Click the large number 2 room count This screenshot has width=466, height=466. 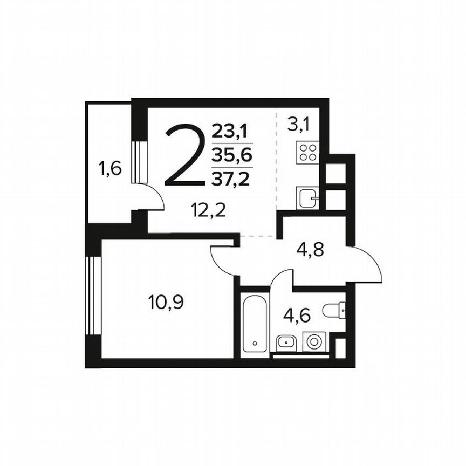(x=185, y=155)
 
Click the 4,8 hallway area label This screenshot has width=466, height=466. (x=311, y=251)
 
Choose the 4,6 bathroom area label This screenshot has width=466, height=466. (x=297, y=315)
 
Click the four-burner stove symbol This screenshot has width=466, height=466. (x=308, y=152)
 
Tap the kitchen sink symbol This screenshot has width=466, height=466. (x=307, y=197)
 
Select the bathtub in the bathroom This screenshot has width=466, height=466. (x=255, y=322)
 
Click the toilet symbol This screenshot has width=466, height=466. (x=333, y=310)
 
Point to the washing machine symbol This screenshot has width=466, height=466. (x=313, y=341)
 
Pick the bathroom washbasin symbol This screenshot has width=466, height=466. (x=285, y=341)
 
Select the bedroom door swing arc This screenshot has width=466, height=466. (x=221, y=261)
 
